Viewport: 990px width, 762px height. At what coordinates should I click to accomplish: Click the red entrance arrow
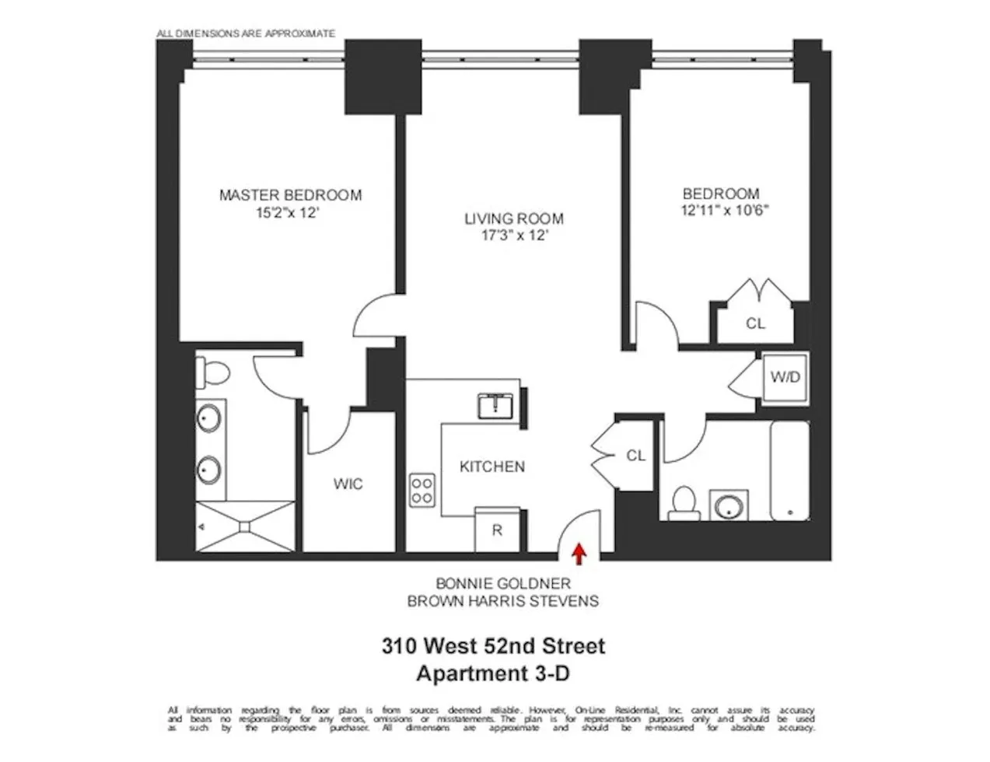(x=579, y=553)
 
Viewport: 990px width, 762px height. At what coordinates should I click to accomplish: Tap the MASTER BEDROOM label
(x=290, y=195)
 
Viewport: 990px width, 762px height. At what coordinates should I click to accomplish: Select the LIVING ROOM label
(x=514, y=219)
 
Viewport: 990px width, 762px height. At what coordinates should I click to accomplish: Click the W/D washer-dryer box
(x=785, y=377)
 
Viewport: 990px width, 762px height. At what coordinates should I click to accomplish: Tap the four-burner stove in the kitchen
(x=422, y=490)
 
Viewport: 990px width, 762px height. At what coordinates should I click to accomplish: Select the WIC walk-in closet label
(x=348, y=484)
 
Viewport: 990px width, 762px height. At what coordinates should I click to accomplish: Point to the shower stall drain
(x=245, y=526)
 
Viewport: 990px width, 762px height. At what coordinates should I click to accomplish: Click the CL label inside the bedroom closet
(x=755, y=323)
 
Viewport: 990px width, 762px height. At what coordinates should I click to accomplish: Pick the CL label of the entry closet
(x=635, y=456)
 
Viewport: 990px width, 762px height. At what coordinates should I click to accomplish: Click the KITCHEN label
(x=492, y=467)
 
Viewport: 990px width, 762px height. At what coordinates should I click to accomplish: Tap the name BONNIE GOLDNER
(x=503, y=583)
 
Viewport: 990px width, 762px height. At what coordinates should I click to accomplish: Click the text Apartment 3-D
(x=492, y=673)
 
